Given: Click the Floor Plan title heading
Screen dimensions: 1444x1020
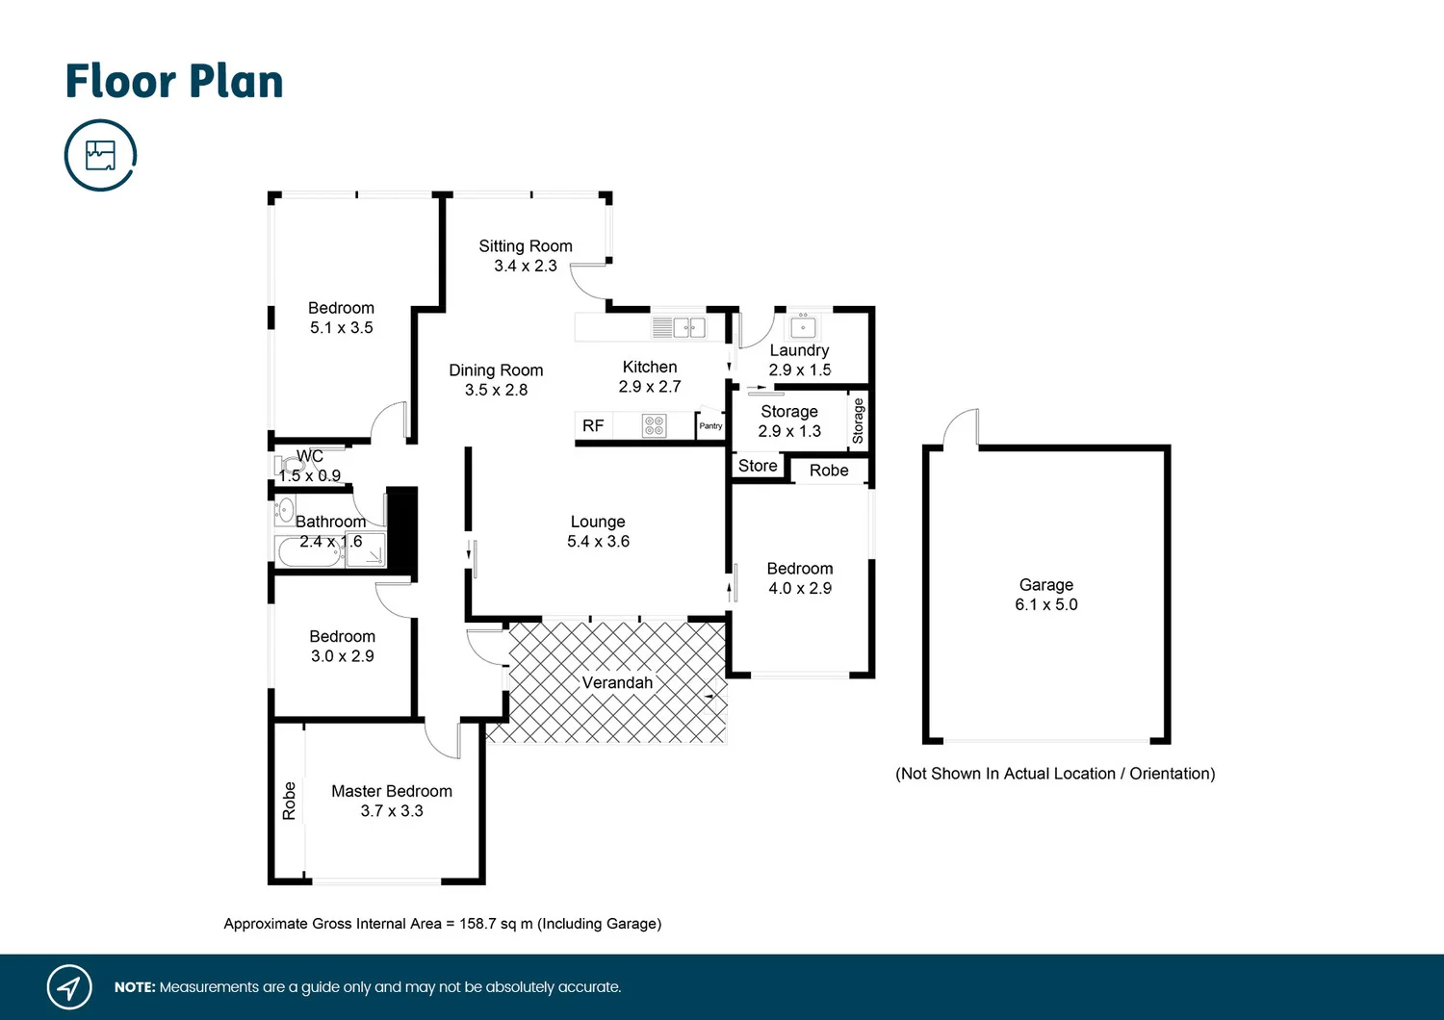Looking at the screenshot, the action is point(174,82).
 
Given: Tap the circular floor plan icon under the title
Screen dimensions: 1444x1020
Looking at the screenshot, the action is point(100,155).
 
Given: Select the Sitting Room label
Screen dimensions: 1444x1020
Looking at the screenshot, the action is point(526,246).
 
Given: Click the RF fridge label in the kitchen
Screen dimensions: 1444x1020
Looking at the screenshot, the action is point(593,426).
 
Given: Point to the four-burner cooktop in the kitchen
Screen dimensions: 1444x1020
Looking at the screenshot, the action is point(655,426).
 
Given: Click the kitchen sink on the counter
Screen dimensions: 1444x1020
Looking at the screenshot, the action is point(689,327).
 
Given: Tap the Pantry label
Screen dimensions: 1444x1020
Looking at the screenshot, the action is point(710,426).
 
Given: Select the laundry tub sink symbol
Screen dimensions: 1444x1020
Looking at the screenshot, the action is point(803,326).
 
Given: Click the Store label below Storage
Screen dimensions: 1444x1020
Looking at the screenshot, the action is point(758,466).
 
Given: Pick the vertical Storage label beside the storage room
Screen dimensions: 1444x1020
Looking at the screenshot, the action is point(858,421).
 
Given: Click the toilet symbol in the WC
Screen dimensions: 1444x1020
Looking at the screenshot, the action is point(290,465).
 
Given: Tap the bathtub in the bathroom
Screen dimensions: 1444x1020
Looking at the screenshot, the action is point(309,552).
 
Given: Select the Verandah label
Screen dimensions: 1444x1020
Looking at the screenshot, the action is point(618,682).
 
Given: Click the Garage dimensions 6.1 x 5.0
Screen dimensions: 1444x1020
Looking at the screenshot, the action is point(1046,604).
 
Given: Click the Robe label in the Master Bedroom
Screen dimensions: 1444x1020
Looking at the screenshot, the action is point(290,801).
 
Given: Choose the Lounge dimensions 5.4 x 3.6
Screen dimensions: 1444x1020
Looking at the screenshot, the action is point(598,541).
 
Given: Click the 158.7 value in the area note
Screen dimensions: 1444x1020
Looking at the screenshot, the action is point(477,924).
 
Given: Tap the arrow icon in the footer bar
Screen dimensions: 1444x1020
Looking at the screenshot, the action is point(69,986).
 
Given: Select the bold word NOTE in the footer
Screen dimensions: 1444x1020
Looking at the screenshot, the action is point(135,987).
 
